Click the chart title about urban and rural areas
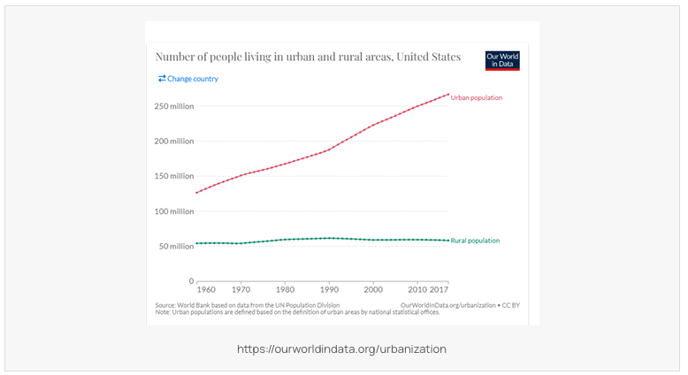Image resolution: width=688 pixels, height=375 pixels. click(x=308, y=57)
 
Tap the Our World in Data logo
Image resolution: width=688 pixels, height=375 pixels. click(x=502, y=60)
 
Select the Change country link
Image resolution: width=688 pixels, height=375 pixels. click(x=188, y=79)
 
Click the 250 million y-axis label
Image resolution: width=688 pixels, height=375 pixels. click(x=173, y=106)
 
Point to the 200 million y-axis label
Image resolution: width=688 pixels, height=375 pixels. click(x=173, y=142)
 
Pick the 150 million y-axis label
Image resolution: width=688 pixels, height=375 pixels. click(x=173, y=176)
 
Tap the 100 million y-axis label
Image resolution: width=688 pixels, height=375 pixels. click(x=173, y=211)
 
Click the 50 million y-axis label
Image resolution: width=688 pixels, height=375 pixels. click(x=175, y=246)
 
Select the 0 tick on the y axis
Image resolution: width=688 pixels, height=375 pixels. click(x=190, y=281)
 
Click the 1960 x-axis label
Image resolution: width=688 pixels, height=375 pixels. click(x=205, y=289)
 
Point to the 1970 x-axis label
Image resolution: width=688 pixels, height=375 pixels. click(x=241, y=289)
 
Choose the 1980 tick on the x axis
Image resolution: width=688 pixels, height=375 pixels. click(x=285, y=289)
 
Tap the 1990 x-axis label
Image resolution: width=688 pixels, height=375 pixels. click(x=329, y=289)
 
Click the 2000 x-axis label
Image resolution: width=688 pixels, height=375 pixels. click(x=373, y=289)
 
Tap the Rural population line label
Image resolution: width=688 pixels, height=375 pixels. click(x=475, y=241)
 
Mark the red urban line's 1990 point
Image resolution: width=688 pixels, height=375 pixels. click(x=329, y=149)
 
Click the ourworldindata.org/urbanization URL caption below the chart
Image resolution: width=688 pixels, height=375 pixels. click(x=341, y=349)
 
